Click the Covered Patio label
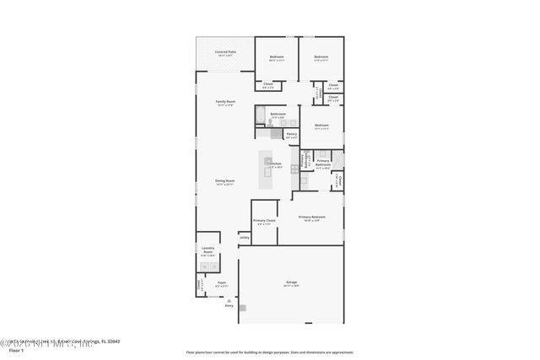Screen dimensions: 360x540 click(225, 52)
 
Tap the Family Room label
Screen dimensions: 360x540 click(225, 101)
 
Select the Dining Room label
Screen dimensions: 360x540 click(224, 181)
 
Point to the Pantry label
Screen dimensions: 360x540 click(291, 134)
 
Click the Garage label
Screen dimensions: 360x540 click(291, 283)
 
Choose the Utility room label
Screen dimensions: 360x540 click(244, 237)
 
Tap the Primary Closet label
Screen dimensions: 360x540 click(264, 221)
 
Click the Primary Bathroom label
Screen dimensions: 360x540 click(322, 163)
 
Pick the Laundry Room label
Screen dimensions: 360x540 click(208, 250)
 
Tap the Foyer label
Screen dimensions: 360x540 click(221, 283)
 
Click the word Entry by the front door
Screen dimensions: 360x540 click(229, 305)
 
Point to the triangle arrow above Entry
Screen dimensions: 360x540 click(229, 299)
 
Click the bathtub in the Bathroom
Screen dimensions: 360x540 click(261, 115)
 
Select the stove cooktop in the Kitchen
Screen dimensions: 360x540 click(294, 169)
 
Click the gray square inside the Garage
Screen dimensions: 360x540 click(242, 309)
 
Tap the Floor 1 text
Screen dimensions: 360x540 click(14, 349)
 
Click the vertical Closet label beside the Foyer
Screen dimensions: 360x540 click(199, 285)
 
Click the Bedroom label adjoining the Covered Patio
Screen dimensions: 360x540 click(277, 56)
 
